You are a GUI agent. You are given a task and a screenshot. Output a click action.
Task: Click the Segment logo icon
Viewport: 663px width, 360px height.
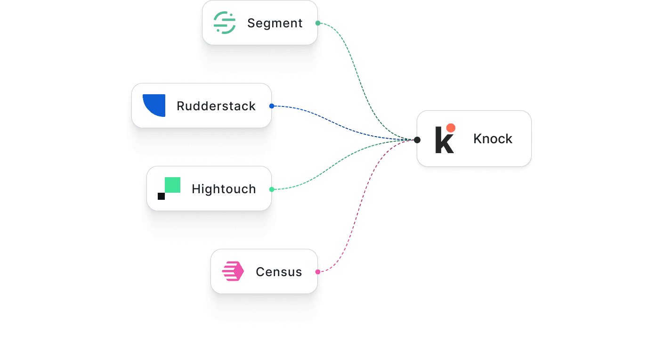[x=225, y=23]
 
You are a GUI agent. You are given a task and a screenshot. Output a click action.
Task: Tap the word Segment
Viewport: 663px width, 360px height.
[x=275, y=23]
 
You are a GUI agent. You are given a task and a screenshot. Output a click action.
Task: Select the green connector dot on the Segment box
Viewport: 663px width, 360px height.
[x=318, y=23]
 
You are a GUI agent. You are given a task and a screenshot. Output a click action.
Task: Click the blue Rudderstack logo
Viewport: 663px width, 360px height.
[x=154, y=105]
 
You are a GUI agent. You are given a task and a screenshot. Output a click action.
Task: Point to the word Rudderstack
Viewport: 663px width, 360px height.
[x=216, y=106]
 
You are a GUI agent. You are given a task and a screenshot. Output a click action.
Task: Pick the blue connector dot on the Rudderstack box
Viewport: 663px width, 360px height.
[x=272, y=106]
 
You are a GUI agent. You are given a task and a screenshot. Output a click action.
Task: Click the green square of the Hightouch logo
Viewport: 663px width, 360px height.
[x=173, y=185]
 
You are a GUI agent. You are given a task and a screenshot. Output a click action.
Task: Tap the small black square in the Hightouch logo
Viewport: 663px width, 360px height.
[x=161, y=196]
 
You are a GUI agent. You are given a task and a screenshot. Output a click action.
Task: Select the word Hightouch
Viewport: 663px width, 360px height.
[x=224, y=189]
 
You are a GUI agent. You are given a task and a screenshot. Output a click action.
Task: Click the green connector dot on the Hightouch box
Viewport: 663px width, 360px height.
[x=272, y=189]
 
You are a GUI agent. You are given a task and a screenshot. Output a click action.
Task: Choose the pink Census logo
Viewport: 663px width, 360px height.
[x=233, y=271]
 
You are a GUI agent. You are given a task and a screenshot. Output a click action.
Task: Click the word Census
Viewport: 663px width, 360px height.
[x=279, y=272]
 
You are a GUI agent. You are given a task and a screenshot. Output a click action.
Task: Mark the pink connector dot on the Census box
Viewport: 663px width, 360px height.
[x=318, y=272]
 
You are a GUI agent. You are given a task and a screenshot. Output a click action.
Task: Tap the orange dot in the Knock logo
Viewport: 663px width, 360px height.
[x=451, y=128]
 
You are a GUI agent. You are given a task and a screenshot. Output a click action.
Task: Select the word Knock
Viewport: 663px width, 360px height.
[x=493, y=139]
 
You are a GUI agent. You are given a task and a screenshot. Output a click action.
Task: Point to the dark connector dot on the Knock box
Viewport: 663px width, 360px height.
[x=417, y=140]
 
